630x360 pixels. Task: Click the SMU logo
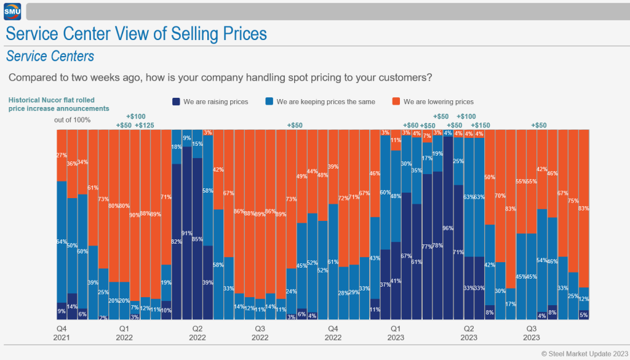click(12, 12)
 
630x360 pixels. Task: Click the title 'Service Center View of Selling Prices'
click(136, 33)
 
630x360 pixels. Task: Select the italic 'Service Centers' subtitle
click(50, 57)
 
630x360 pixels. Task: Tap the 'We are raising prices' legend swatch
click(177, 102)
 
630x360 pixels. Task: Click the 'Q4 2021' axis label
click(62, 333)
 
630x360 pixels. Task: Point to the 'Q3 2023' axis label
click(532, 333)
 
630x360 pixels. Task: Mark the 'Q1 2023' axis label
click(396, 333)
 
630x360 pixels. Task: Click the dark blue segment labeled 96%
click(448, 228)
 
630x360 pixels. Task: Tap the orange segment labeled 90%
click(135, 215)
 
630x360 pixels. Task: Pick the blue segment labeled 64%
click(62, 241)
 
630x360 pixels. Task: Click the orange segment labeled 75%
click(573, 201)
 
